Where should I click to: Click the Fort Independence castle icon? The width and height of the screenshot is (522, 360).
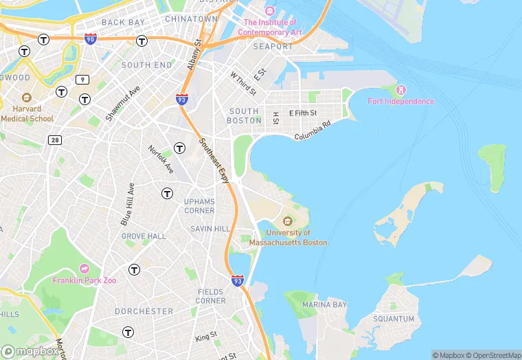click(402, 90)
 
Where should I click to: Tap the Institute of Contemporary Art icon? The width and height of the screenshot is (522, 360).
click(269, 12)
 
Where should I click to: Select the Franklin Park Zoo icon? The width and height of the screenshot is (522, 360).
click(84, 268)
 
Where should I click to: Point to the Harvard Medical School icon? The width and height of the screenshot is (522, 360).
click(27, 98)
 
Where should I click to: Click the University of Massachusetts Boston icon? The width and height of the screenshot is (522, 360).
click(287, 221)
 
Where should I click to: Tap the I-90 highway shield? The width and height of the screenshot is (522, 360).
click(90, 39)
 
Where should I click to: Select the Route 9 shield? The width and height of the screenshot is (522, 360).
click(83, 79)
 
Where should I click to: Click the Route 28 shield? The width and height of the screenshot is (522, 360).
click(54, 139)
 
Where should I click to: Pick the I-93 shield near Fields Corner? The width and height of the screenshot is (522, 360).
click(237, 280)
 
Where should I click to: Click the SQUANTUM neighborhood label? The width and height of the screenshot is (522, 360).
click(394, 319)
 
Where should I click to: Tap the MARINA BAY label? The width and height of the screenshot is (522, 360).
click(324, 304)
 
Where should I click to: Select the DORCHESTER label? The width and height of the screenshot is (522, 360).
click(144, 311)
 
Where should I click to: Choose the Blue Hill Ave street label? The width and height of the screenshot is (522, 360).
click(127, 204)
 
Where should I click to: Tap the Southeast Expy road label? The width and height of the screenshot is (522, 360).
click(214, 160)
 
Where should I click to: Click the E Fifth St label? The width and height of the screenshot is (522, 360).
click(303, 113)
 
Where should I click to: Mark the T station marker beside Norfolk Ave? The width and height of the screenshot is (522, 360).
click(179, 148)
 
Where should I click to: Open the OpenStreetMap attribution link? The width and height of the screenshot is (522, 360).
click(491, 355)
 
